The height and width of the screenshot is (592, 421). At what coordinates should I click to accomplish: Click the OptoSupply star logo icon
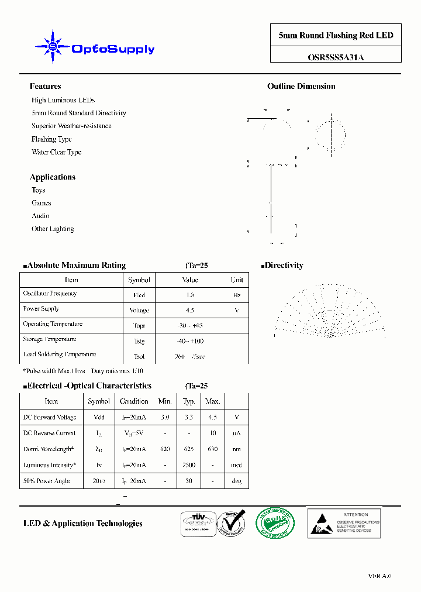[x=53, y=46]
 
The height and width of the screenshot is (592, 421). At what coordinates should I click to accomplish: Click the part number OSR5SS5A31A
[x=336, y=57]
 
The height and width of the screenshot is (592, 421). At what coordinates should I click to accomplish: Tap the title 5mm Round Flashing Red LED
[x=336, y=36]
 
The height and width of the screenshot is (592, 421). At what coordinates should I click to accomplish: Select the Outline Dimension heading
[x=301, y=87]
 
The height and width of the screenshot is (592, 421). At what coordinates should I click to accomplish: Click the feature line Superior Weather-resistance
[x=71, y=126]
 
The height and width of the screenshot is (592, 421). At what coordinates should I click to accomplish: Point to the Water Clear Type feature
[x=56, y=152]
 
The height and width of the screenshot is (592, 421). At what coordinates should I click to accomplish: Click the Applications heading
[x=53, y=177]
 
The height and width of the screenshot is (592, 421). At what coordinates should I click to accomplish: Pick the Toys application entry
[x=39, y=190]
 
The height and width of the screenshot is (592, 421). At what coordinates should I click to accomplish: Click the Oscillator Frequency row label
[x=50, y=294]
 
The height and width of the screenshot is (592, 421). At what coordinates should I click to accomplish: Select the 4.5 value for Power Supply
[x=189, y=311]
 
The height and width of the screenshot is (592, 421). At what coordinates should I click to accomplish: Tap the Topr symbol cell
[x=139, y=326]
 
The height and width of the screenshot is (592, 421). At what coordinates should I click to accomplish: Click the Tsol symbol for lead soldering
[x=139, y=356]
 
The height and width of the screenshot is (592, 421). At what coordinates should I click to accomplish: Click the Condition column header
[x=134, y=401]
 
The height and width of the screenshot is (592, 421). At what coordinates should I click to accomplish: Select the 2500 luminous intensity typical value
[x=189, y=465]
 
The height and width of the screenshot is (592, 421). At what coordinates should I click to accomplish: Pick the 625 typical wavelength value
[x=189, y=449]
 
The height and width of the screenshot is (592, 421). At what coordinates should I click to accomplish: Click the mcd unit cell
[x=236, y=465]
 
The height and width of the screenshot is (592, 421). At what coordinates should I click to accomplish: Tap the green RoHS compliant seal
[x=275, y=522]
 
